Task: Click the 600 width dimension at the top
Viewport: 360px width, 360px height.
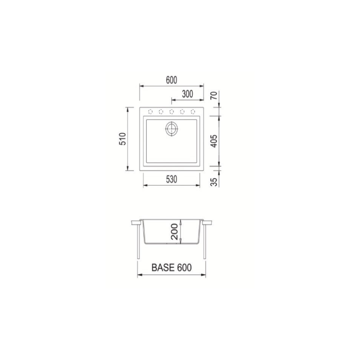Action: [x=172, y=80]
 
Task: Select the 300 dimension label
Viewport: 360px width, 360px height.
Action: [x=187, y=94]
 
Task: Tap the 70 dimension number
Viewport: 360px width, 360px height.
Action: [x=214, y=95]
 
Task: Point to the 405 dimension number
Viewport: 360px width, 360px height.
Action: [x=214, y=141]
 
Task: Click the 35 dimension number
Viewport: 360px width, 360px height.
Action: [x=214, y=182]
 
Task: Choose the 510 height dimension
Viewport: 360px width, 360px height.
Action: [x=123, y=139]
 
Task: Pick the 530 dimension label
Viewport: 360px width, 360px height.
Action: [x=172, y=180]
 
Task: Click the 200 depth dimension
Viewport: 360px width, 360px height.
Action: [x=175, y=232]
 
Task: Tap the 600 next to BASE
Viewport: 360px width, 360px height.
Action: [x=185, y=268]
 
